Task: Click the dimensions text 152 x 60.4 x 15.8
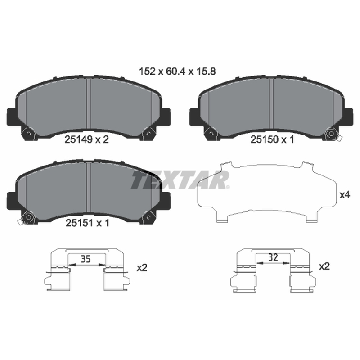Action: coord(177,72)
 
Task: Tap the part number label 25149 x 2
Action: coord(86,139)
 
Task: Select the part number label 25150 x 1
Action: coord(272,139)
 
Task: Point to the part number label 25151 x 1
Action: coord(87,223)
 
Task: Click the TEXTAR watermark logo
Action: coord(180,180)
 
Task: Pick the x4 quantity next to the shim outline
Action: coord(345,195)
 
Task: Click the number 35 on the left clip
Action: coord(85,259)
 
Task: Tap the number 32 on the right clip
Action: coord(273,257)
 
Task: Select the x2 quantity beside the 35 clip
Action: coord(142,267)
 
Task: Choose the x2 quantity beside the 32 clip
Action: coord(324,266)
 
